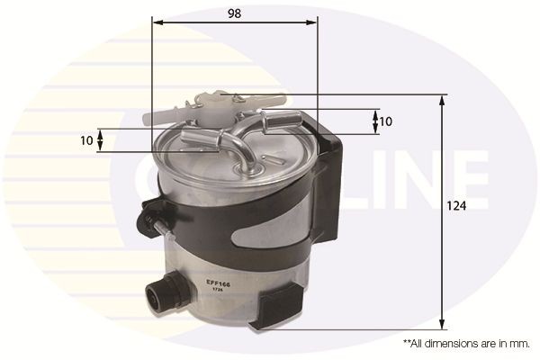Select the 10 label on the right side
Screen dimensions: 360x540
point(386,121)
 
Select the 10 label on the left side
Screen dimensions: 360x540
point(85,140)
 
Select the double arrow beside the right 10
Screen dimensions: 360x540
point(374,121)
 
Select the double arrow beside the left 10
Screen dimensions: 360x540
point(101,140)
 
